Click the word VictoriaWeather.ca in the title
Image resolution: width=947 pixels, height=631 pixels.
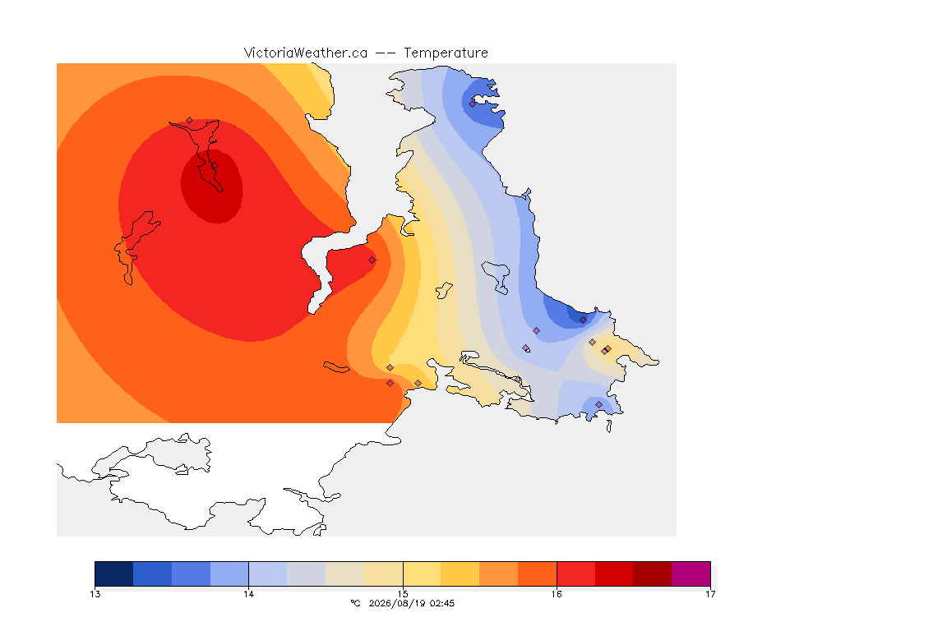coord(306,53)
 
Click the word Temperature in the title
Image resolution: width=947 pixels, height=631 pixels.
coord(446,53)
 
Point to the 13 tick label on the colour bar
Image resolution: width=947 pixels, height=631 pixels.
coord(95,594)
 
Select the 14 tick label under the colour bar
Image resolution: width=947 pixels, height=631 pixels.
coord(249,594)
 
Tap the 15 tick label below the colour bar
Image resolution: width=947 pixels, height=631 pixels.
coord(403,594)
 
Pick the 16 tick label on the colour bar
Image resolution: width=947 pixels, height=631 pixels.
coord(557,594)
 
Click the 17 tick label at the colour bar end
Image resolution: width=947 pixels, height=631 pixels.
coord(710,594)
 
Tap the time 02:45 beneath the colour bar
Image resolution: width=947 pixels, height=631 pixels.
coord(442,603)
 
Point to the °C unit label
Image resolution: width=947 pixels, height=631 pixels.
coord(356,603)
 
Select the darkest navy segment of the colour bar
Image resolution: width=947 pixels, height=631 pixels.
coord(114,573)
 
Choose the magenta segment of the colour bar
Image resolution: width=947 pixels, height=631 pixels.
coord(691,573)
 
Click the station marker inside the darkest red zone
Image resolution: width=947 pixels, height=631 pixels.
coord(214,166)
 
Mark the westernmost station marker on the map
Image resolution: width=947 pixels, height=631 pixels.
coord(190,121)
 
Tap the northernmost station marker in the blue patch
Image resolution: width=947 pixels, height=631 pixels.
coord(473,104)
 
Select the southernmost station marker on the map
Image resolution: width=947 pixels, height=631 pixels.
coord(599,404)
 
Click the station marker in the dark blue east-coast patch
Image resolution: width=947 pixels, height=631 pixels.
coord(583,320)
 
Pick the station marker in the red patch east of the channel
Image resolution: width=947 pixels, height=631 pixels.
coord(372,260)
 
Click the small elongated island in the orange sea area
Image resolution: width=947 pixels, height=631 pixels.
coord(336,367)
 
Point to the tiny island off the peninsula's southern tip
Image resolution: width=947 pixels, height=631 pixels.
coord(609,426)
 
